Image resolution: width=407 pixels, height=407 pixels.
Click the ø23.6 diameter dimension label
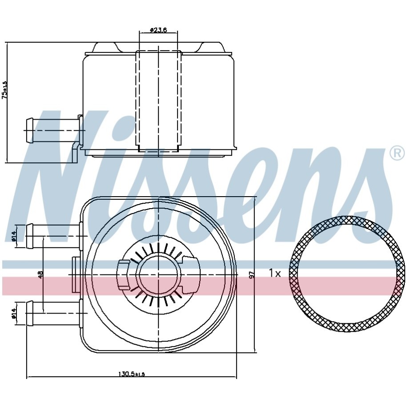[158, 30]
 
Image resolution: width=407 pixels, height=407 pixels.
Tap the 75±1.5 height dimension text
[5, 90]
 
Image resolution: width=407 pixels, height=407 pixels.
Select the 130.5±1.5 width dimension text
[131, 374]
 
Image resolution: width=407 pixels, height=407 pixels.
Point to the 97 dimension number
[251, 275]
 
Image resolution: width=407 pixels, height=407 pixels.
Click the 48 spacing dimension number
[40, 275]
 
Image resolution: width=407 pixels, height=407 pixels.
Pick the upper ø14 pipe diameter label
[14, 236]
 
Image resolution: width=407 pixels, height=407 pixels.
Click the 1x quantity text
[274, 273]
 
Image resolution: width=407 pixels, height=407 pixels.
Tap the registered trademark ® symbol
[397, 154]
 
